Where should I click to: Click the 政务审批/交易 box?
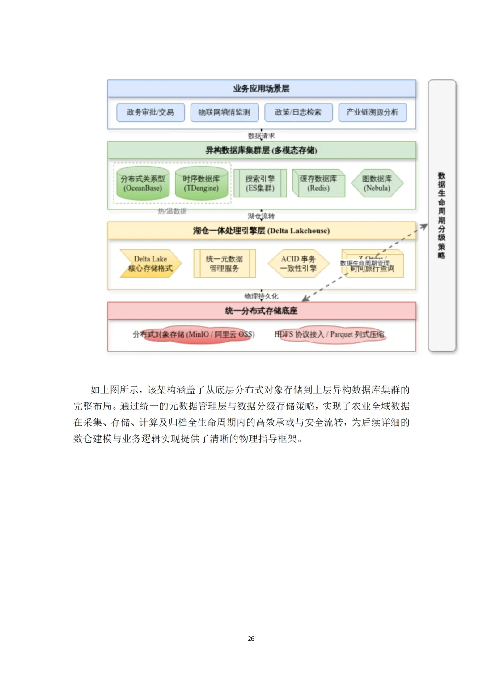150,112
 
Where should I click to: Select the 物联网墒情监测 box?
224,112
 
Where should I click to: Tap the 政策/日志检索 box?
298,112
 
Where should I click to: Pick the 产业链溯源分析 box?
372,112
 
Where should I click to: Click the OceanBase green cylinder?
143,184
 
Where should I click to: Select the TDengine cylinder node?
201,184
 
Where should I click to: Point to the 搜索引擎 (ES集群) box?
260,184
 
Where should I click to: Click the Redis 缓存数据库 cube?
318,184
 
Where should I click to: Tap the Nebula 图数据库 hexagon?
377,184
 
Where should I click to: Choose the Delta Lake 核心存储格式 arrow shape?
150,264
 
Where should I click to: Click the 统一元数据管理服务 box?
225,264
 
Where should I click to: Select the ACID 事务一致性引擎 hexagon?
298,264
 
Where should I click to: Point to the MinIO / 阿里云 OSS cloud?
194,335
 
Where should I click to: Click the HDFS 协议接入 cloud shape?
330,335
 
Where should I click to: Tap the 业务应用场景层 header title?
261,89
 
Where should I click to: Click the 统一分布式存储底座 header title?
261,311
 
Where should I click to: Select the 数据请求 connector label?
261,136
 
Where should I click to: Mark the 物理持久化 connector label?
261,296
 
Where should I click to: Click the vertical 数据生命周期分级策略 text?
441,215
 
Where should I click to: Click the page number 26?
251,638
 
